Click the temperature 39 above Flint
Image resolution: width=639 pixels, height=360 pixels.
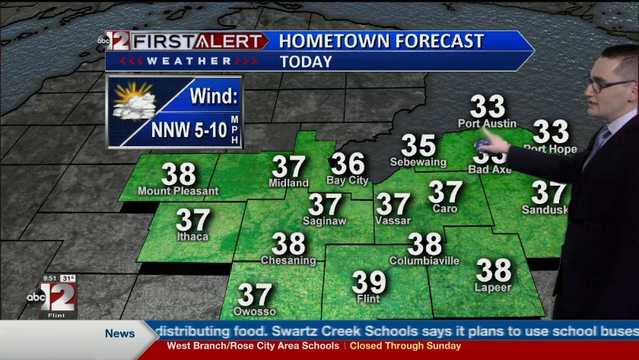click(369, 282)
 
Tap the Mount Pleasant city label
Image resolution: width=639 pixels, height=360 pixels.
click(178, 191)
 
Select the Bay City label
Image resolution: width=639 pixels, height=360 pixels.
click(347, 181)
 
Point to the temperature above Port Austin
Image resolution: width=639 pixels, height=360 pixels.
click(488, 107)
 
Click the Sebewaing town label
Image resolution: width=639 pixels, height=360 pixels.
click(418, 162)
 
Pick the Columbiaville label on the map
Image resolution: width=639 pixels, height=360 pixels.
click(424, 261)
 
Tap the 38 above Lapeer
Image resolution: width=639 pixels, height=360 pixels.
click(494, 270)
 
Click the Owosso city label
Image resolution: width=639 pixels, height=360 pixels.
click(255, 312)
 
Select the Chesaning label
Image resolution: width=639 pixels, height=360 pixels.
click(288, 260)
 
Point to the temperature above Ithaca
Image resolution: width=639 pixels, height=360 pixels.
click(193, 221)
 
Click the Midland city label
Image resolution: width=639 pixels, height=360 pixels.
click(288, 183)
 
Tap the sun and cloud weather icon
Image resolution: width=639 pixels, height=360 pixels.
click(134, 101)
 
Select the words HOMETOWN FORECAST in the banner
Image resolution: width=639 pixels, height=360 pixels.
click(381, 41)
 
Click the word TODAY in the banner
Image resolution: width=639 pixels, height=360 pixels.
click(307, 62)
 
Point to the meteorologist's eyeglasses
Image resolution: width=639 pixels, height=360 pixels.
click(609, 84)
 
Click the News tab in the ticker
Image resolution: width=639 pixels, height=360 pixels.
click(119, 333)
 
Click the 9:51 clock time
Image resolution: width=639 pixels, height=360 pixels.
click(49, 278)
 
